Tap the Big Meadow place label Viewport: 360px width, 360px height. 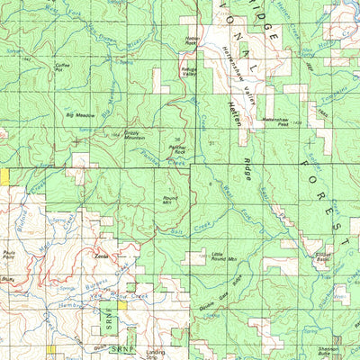tap(80, 116)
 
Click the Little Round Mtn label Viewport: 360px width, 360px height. tap(223, 259)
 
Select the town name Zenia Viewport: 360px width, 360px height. tap(102, 256)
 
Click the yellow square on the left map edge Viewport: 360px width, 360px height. tap(4, 176)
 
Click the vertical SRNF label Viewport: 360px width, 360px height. tap(101, 322)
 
